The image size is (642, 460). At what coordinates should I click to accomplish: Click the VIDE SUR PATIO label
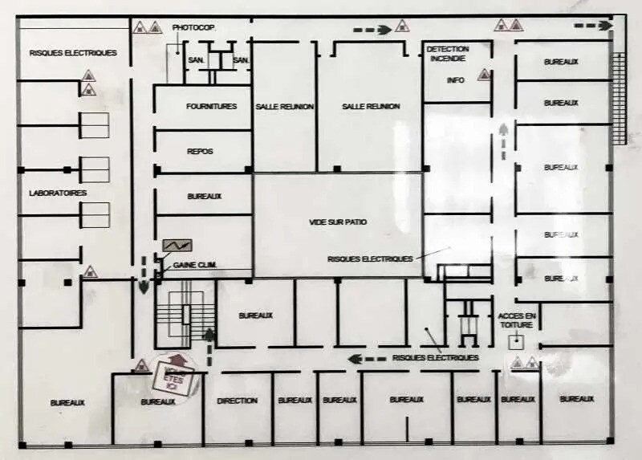[338, 222]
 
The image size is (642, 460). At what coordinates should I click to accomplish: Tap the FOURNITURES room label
[211, 106]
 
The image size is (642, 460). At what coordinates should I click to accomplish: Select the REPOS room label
[200, 151]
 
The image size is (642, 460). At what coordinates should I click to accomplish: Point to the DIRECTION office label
[238, 401]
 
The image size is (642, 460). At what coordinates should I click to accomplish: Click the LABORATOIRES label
[58, 193]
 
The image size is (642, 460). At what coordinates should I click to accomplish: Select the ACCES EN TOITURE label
[517, 320]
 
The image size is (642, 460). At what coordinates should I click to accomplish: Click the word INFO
[456, 80]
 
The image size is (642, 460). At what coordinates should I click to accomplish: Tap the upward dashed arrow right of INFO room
[503, 140]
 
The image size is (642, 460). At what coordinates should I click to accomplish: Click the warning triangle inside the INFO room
[484, 75]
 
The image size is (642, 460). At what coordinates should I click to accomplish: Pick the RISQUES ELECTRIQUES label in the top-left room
[73, 53]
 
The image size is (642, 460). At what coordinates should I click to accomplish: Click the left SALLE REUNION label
[284, 106]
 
